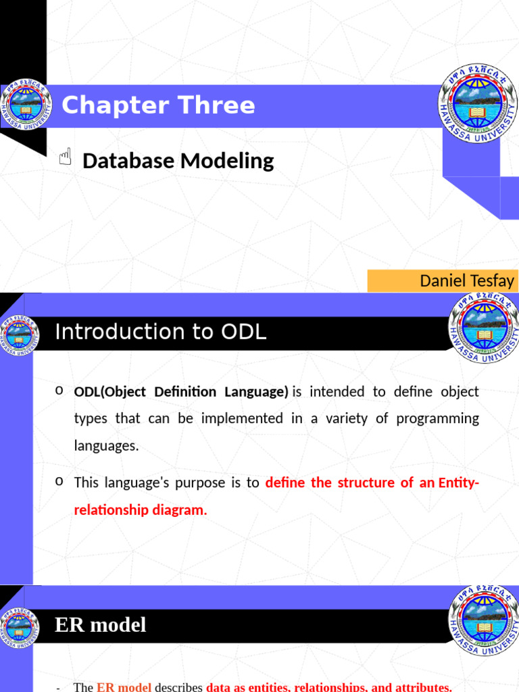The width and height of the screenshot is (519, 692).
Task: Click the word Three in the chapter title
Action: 216,105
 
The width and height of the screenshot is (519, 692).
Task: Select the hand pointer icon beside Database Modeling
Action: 66,157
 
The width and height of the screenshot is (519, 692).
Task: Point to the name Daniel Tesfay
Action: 467,280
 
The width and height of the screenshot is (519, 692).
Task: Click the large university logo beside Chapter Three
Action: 478,103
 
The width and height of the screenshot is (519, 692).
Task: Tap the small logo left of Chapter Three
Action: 26,105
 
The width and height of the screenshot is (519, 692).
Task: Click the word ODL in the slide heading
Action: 243,331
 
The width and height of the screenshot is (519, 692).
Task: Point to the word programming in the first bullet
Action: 437,419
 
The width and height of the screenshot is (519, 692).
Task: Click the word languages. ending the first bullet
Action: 106,446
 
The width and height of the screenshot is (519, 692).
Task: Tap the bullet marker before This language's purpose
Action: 59,481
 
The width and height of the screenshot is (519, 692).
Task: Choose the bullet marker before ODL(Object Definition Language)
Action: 59,390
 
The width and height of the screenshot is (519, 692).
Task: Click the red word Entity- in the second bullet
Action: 459,483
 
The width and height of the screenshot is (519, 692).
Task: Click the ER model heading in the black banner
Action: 100,625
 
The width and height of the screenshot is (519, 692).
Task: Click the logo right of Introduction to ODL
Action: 484,328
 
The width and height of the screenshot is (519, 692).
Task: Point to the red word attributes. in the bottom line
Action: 424,687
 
